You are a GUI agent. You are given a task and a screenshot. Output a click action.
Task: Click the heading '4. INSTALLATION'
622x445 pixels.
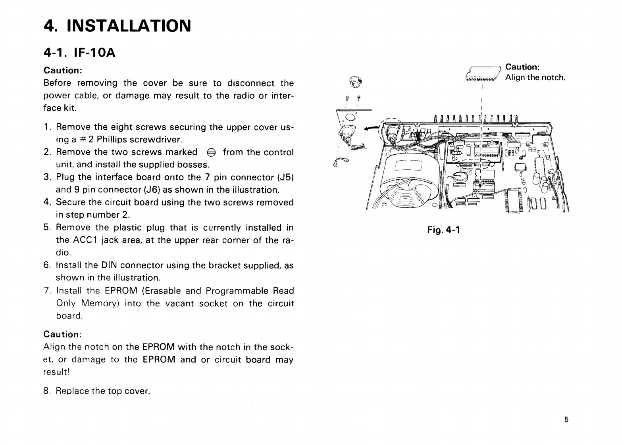117,26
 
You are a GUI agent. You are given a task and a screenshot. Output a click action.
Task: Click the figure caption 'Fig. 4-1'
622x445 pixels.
443,230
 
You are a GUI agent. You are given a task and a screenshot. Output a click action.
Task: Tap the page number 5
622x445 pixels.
566,420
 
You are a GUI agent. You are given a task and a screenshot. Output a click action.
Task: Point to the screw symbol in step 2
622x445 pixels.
210,152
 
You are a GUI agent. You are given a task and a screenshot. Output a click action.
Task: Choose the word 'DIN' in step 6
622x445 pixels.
109,265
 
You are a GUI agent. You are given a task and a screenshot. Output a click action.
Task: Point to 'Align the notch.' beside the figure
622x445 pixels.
535,78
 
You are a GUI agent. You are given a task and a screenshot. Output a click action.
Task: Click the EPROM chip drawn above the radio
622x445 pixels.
481,77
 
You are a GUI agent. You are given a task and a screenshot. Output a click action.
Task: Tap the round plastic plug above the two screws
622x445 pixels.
355,83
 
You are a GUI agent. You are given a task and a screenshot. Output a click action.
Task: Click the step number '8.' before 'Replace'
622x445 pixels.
47,391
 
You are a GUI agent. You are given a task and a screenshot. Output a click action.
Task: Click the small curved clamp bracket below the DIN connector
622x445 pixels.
341,163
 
